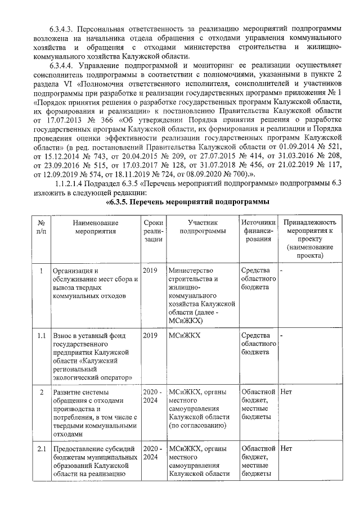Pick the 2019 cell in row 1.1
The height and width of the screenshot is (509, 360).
150,336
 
